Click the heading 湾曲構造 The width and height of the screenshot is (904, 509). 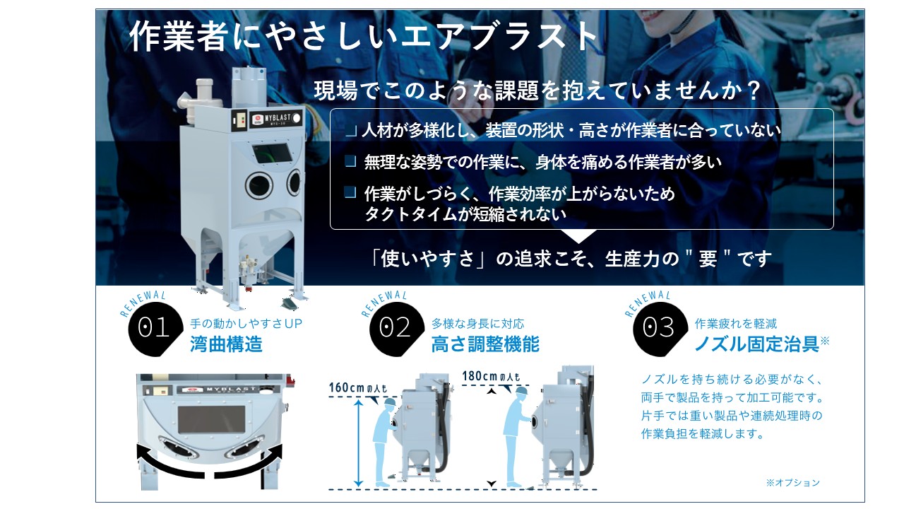pyautogui.click(x=227, y=344)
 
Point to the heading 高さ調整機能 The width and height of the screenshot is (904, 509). pyautogui.click(x=485, y=344)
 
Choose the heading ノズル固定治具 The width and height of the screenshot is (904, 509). pyautogui.click(x=756, y=344)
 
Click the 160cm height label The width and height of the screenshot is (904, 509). pyautogui.click(x=357, y=388)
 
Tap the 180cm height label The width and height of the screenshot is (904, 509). pyautogui.click(x=491, y=377)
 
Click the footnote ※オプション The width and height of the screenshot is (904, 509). pyautogui.click(x=793, y=483)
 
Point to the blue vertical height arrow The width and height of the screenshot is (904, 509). pyautogui.click(x=358, y=443)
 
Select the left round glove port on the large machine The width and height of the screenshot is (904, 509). pyautogui.click(x=258, y=185)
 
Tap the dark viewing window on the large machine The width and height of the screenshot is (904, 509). pyautogui.click(x=273, y=154)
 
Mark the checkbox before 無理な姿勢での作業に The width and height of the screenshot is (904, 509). pyautogui.click(x=350, y=162)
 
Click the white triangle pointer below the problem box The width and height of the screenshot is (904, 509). pyautogui.click(x=578, y=236)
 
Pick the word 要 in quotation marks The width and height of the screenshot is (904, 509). pyautogui.click(x=708, y=259)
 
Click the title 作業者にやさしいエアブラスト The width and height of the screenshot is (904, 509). pyautogui.click(x=363, y=36)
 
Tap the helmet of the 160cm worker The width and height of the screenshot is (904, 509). pyautogui.click(x=391, y=402)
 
